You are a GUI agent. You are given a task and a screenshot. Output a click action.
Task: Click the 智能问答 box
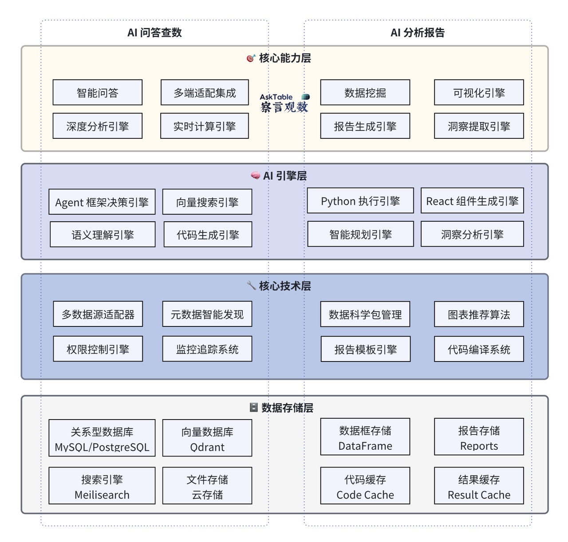[x=98, y=93]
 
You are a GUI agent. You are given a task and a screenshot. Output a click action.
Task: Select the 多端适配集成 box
[x=205, y=93]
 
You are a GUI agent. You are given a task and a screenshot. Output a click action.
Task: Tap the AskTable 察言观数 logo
[x=284, y=103]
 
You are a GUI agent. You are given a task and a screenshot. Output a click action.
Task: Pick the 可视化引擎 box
[x=479, y=93]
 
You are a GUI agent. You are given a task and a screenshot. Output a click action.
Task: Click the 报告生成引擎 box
[x=365, y=126]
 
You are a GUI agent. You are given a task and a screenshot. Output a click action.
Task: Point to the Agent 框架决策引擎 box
[x=102, y=202]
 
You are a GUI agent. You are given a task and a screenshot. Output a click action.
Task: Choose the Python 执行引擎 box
[x=360, y=201]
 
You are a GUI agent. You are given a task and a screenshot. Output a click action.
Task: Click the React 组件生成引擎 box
[x=472, y=201]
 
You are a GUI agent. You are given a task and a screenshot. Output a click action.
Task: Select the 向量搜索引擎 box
[x=207, y=202]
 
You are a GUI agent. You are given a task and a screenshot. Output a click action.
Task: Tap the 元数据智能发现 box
[x=207, y=314]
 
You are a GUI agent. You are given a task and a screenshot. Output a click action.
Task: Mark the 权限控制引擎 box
[x=98, y=349]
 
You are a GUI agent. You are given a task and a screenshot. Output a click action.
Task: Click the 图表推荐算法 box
[x=479, y=314]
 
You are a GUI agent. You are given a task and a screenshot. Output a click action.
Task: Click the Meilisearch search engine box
[x=102, y=486]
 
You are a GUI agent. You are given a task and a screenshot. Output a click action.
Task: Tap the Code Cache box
[x=365, y=486]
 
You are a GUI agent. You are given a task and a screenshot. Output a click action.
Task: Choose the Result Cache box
[x=479, y=486]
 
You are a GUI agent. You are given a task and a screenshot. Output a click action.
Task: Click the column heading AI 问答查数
[x=154, y=32]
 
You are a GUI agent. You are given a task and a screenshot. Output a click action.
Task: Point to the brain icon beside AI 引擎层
[x=255, y=176]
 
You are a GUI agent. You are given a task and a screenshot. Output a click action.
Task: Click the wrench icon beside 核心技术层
[x=251, y=285]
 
